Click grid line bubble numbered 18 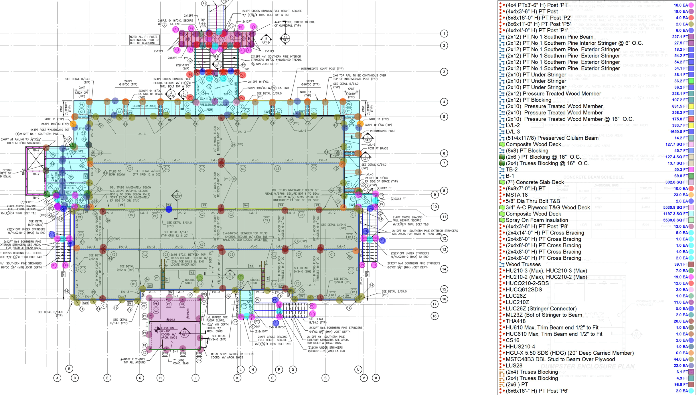[x=435, y=316]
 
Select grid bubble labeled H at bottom [x=160, y=378]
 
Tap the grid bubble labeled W [x=376, y=378]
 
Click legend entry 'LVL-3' [x=513, y=132]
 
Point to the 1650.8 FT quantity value [x=680, y=132]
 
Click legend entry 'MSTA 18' [x=516, y=195]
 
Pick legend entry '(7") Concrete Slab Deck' [x=535, y=182]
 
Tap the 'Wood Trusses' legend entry [x=523, y=264]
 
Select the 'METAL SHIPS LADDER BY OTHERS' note [x=232, y=354]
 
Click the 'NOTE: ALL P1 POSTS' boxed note [x=144, y=40]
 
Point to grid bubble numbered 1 [x=444, y=33]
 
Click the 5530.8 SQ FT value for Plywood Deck [x=675, y=208]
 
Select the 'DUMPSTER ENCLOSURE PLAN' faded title [x=587, y=366]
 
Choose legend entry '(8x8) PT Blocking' [x=527, y=151]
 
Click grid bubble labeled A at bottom [x=57, y=378]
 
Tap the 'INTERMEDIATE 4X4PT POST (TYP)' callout [x=322, y=69]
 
